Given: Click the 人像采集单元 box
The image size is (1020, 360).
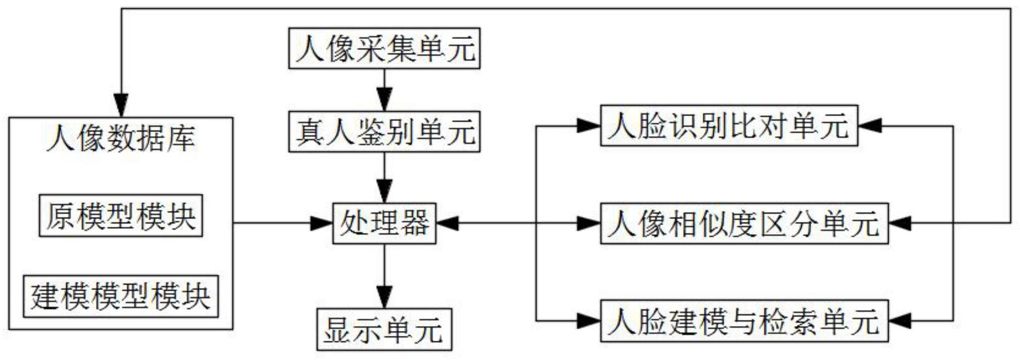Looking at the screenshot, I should pos(384,49).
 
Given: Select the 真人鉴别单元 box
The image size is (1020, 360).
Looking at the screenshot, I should pos(384,132).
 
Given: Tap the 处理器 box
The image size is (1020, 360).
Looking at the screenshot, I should pos(384,223).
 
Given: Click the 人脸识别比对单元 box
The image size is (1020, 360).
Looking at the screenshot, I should pos(728,126).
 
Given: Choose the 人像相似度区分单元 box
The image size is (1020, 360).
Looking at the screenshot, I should pos(744,223).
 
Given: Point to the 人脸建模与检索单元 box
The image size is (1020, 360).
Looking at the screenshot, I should pos(744,321).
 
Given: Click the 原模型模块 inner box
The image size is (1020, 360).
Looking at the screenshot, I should pos(121,216).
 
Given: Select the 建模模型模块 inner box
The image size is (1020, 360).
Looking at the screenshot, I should pos(120,297).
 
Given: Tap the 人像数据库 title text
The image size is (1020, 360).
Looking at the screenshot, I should pos(120,138).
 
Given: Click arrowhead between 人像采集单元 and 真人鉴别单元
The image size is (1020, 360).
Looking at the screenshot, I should pos(384,102).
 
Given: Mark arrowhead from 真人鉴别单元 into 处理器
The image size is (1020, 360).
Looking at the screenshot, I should pos(384,194).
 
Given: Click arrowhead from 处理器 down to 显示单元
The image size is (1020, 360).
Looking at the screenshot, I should pos(384,299).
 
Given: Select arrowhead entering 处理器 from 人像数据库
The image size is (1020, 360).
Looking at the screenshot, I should pos(323,223).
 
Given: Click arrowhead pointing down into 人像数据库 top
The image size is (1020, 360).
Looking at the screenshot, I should pos(121,106).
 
